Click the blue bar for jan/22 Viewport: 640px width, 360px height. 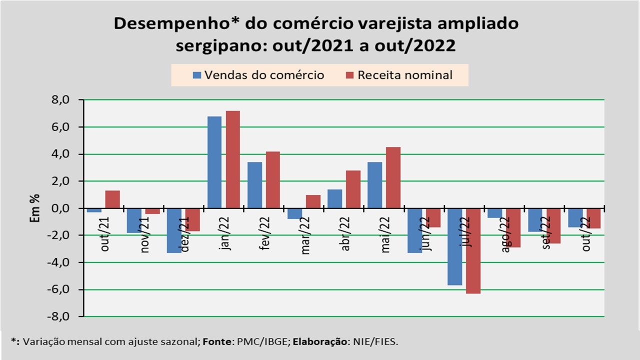click(214, 162)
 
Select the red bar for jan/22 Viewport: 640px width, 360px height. click(232, 159)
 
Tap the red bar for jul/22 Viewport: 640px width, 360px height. click(473, 250)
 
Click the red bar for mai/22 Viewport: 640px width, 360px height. click(393, 177)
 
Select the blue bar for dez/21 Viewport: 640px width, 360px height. click(174, 230)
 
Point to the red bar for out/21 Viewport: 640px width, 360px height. click(112, 199)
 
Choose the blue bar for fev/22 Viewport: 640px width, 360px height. click(254, 185)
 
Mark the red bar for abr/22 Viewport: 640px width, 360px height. click(353, 189)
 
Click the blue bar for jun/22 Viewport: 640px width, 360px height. click(414, 230)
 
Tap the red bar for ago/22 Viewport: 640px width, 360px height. click(513, 227)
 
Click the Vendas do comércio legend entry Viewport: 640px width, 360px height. click(258, 75)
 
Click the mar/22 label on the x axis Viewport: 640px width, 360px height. click(306, 235)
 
